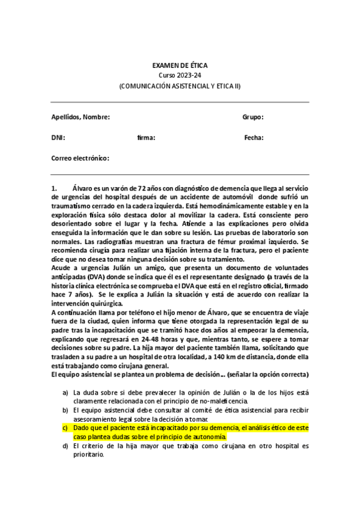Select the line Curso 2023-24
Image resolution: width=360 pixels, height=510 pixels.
pyautogui.click(x=180, y=75)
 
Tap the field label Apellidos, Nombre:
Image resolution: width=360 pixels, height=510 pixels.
pyautogui.click(x=81, y=117)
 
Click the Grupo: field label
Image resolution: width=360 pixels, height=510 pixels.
pyautogui.click(x=253, y=117)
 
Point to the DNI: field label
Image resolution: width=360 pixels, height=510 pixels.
pyautogui.click(x=58, y=138)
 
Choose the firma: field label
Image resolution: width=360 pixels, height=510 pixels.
pyautogui.click(x=146, y=138)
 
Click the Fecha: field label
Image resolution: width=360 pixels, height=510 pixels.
pyautogui.click(x=254, y=138)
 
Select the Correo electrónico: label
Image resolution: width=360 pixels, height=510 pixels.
pyautogui.click(x=81, y=158)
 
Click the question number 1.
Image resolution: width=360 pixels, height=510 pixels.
pyautogui.click(x=54, y=189)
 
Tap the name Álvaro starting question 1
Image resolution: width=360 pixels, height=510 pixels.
pyautogui.click(x=83, y=189)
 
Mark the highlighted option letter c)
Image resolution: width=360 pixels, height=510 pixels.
pyautogui.click(x=66, y=428)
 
